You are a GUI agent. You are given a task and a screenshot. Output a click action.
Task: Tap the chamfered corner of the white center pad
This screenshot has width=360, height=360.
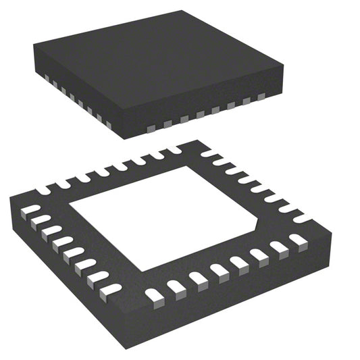coord(258,221)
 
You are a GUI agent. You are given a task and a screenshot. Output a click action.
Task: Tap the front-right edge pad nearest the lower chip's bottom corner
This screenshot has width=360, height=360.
coord(154,294)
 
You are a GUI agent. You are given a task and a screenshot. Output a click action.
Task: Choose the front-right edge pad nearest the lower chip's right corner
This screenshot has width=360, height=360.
coord(297,238)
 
